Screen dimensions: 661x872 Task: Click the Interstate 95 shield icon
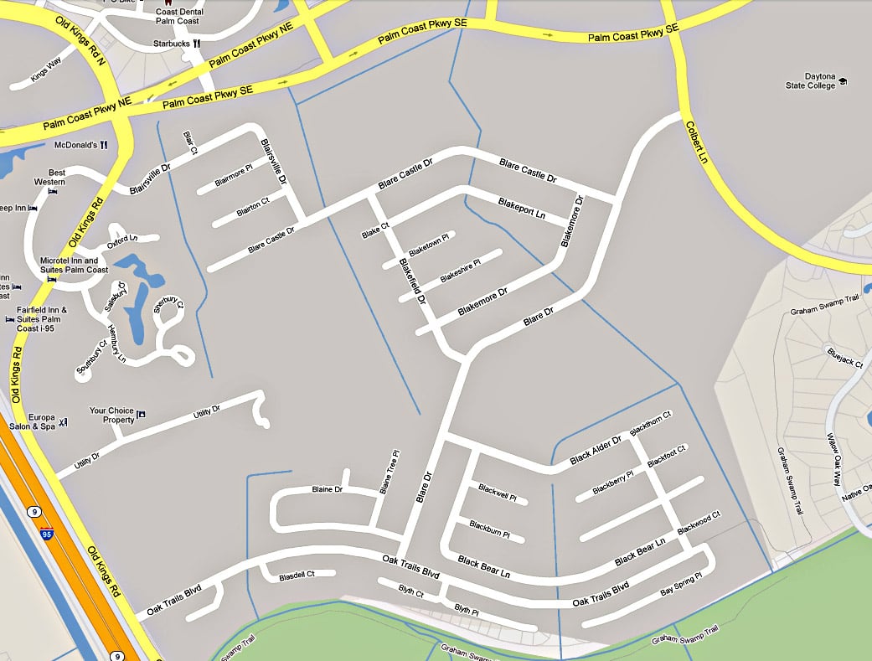(46, 533)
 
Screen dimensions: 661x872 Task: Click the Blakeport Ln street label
(522, 208)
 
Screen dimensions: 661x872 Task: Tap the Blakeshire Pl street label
(461, 270)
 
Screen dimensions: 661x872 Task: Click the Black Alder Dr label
(596, 450)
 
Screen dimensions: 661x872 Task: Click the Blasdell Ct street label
(297, 575)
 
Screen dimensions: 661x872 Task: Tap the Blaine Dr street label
(328, 489)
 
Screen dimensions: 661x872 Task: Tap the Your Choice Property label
(111, 415)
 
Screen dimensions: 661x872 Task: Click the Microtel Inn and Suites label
(74, 265)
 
